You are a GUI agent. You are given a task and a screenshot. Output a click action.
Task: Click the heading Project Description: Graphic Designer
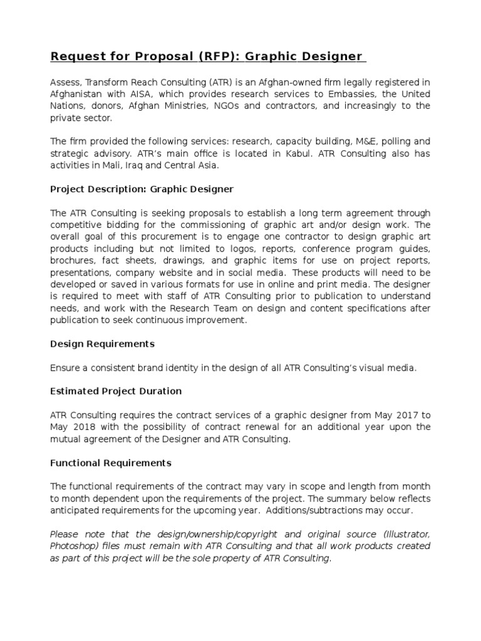point(142,189)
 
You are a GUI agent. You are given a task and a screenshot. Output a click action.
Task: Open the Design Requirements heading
point(102,344)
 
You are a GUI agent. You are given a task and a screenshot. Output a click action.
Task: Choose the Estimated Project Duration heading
point(116,391)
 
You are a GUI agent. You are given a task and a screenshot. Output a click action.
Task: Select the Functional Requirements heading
point(110,463)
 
